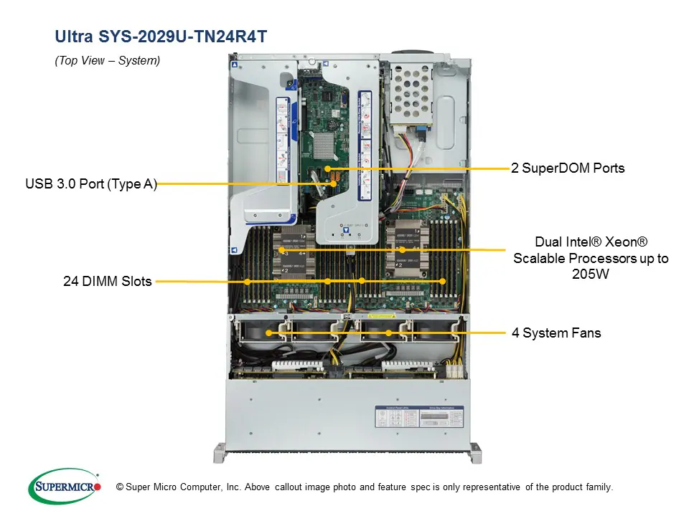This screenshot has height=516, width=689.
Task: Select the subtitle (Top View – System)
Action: coord(108,61)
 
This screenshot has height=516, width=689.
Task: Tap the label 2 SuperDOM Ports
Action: coord(568,168)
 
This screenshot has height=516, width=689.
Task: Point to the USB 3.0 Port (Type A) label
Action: coord(91,184)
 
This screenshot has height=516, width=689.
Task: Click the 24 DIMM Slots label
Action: coord(108,282)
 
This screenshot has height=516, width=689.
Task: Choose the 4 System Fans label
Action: coord(556,333)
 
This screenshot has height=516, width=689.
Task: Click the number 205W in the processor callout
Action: coord(591,274)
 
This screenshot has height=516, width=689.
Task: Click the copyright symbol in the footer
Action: coord(120,487)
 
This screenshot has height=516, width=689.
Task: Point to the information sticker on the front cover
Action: coord(419,417)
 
